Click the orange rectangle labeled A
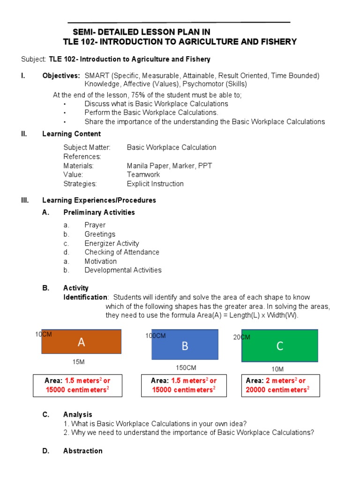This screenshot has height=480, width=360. [82, 342]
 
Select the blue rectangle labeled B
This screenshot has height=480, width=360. [185, 345]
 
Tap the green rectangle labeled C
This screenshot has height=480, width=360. [280, 346]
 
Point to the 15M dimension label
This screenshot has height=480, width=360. [78, 362]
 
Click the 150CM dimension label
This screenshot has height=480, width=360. [186, 367]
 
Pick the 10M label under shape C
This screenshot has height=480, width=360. [277, 369]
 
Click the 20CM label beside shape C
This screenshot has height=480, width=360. [242, 337]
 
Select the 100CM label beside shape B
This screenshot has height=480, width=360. [156, 336]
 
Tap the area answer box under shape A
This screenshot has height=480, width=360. [78, 385]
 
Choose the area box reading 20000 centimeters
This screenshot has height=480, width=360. [280, 385]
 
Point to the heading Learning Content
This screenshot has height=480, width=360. [65, 134]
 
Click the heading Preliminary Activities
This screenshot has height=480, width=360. [99, 212]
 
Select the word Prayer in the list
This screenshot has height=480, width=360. [95, 225]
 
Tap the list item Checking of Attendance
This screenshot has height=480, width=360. [122, 252]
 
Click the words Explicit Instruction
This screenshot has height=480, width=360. [155, 184]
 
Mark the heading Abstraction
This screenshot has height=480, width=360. [82, 451]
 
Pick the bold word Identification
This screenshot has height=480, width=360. [85, 297]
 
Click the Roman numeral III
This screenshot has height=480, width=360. [25, 200]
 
